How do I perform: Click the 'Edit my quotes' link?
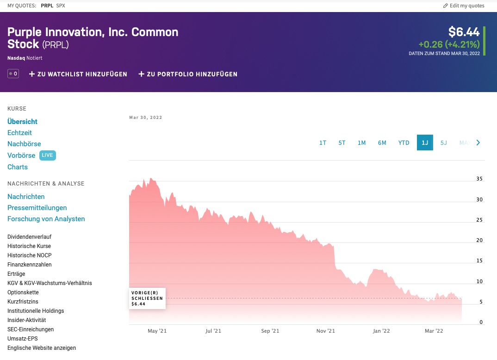464,6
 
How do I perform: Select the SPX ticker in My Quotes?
61,6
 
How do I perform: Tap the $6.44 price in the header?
464,32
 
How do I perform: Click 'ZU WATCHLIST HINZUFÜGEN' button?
78,74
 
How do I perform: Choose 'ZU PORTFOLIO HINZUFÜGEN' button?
188,74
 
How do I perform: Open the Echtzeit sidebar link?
19,133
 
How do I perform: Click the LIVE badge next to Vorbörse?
47,155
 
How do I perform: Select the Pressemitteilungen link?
37,208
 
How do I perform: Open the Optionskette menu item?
23,292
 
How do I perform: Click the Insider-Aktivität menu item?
26,320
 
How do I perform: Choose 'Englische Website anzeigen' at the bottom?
42,348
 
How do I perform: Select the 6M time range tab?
382,143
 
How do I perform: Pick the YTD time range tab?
404,143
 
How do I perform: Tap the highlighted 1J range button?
425,143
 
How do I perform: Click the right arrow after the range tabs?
478,143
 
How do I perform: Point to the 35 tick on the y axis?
479,179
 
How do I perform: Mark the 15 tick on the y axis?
479,261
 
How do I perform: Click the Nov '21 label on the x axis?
325,331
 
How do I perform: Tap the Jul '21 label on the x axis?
213,331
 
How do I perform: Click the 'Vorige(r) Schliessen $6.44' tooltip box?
147,298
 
